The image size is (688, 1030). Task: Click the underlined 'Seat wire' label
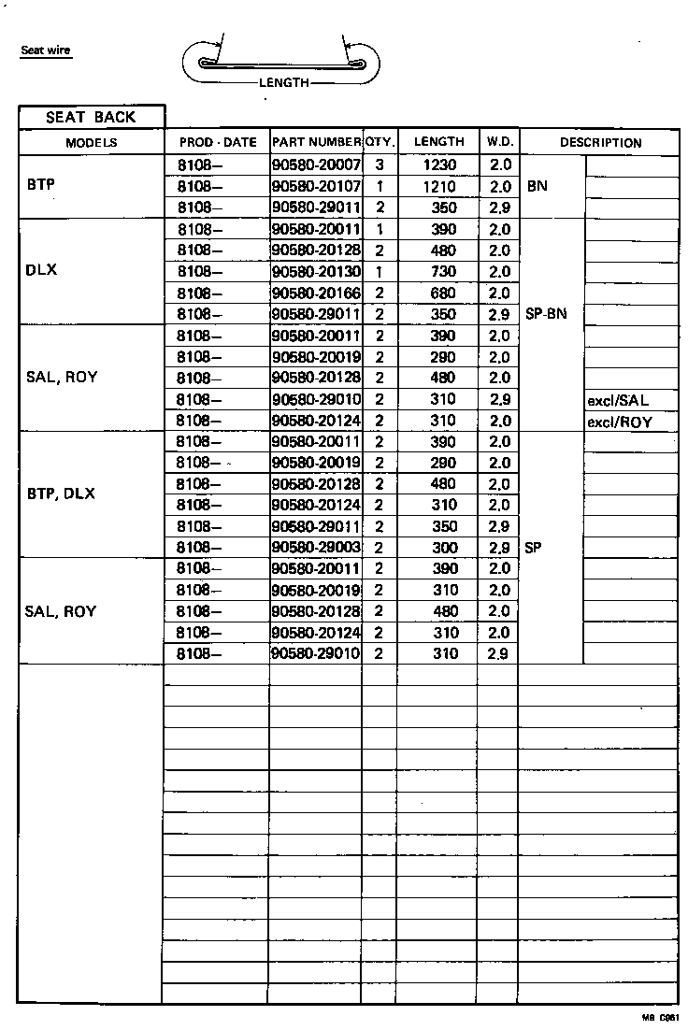46,50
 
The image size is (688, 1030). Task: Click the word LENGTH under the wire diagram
283,83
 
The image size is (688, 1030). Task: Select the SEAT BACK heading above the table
91,117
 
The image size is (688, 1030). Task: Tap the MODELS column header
91,143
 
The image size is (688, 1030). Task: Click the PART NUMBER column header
316,143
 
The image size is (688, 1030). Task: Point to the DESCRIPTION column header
600,143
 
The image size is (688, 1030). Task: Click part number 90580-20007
316,165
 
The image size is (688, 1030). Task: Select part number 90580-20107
316,186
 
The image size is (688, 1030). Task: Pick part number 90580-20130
316,272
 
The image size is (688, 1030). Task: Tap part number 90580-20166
316,293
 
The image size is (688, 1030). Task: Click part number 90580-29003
316,548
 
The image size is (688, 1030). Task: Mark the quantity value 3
380,165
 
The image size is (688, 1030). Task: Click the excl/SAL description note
618,401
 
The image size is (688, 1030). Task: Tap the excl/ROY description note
619,422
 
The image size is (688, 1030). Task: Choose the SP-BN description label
546,315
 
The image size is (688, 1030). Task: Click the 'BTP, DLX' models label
60,494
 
